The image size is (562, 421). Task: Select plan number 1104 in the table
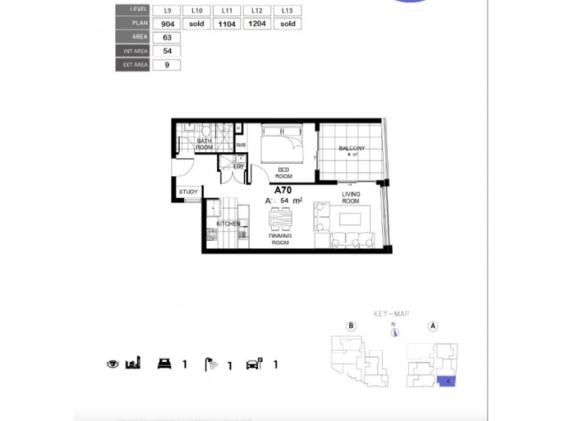(x=226, y=24)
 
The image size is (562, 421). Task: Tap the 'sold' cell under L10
(x=197, y=24)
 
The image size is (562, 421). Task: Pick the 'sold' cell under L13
(x=287, y=24)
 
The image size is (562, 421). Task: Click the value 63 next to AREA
(x=166, y=37)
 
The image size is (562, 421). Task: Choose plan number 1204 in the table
(x=256, y=24)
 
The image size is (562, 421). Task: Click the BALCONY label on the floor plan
(x=351, y=149)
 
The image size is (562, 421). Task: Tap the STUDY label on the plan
(x=188, y=192)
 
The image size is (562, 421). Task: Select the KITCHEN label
(x=228, y=224)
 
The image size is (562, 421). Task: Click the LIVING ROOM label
(x=351, y=198)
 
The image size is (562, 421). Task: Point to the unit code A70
(x=282, y=189)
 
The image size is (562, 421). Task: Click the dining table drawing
(x=280, y=220)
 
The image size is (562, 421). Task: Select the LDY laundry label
(x=229, y=166)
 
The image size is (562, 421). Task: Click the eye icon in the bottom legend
(x=112, y=364)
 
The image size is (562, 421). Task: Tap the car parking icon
(x=253, y=363)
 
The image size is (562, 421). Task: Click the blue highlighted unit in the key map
(x=445, y=381)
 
